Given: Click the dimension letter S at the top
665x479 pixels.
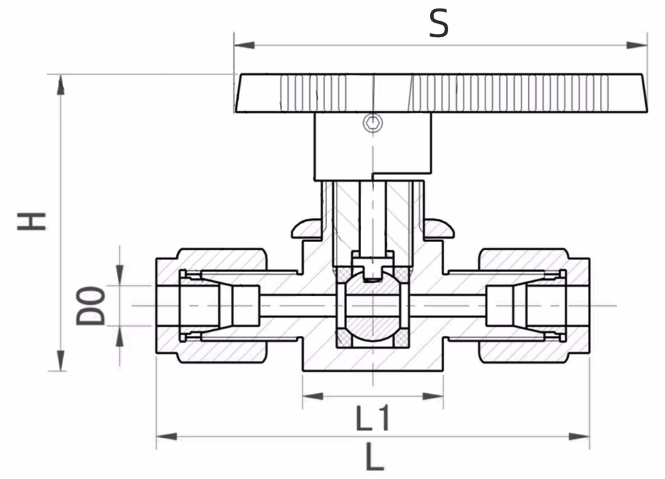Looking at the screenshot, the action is pyautogui.click(x=438, y=24).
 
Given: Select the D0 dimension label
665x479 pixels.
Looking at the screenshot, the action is pyautogui.click(x=90, y=305).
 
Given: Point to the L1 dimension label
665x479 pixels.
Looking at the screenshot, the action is pyautogui.click(x=372, y=418).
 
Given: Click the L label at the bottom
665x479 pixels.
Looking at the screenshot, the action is pyautogui.click(x=374, y=456).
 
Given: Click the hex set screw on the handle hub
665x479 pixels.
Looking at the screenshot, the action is pyautogui.click(x=373, y=123).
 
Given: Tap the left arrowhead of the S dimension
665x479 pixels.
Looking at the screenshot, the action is pyautogui.click(x=244, y=45).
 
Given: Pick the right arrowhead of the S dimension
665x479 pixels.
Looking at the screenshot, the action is pyautogui.click(x=637, y=45).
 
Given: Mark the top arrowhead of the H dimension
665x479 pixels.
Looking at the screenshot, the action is pyautogui.click(x=61, y=84).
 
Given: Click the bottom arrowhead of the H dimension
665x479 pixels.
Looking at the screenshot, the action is pyautogui.click(x=61, y=361).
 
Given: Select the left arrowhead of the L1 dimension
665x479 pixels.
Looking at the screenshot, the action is pyautogui.click(x=313, y=397).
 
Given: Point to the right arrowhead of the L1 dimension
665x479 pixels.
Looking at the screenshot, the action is pyautogui.click(x=433, y=397).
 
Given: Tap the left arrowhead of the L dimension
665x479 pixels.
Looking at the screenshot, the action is pyautogui.click(x=167, y=436).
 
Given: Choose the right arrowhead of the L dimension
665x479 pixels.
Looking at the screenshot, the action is pyautogui.click(x=579, y=436).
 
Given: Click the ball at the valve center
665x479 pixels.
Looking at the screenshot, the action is pyautogui.click(x=373, y=306).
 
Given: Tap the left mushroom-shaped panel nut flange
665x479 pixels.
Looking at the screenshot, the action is pyautogui.click(x=306, y=229).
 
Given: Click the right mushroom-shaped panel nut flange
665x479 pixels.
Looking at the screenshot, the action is pyautogui.click(x=440, y=229).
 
